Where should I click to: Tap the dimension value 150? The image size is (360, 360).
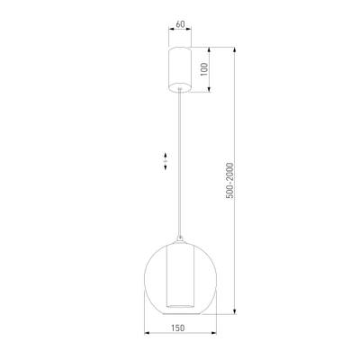181,328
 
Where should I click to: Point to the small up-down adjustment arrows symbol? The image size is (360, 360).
165,163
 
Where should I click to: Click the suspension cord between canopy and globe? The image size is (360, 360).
181,162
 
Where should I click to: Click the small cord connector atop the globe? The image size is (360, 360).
181,240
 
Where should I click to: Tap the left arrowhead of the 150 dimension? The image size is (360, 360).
147,337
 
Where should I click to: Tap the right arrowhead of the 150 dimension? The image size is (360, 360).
216,337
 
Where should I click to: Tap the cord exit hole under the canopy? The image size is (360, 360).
181,92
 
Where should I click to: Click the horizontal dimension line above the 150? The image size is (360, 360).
181,337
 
